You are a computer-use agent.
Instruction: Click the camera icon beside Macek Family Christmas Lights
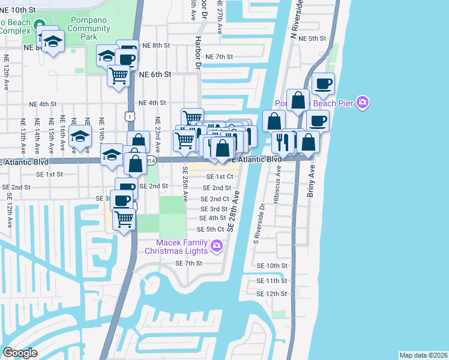pyautogui.click(x=217, y=245)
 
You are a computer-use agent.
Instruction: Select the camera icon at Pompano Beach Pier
pyautogui.click(x=362, y=103)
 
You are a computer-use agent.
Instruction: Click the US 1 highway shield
pyautogui.click(x=130, y=113)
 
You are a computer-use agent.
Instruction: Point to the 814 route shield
pyautogui.click(x=152, y=161)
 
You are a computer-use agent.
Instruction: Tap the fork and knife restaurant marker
pyautogui.click(x=281, y=142)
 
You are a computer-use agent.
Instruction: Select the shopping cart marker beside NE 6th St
pyautogui.click(x=118, y=76)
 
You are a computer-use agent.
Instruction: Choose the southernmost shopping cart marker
pyautogui.click(x=124, y=218)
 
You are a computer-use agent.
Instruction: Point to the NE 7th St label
pyautogui.click(x=218, y=56)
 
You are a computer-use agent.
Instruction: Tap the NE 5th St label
pyautogui.click(x=313, y=38)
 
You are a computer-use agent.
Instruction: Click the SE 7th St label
pyautogui.click(x=188, y=263)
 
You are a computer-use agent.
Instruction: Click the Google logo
pyautogui.click(x=20, y=353)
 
